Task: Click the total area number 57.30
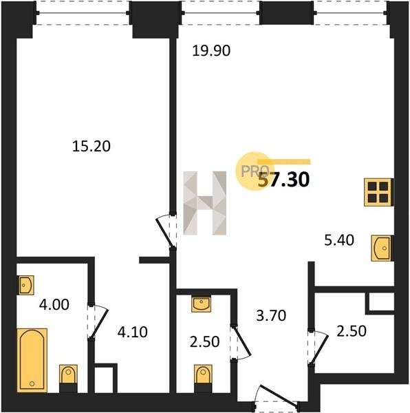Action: tap(283, 180)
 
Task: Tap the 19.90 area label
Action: tap(211, 50)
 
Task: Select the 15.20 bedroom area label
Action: tap(91, 146)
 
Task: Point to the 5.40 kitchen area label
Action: tap(339, 240)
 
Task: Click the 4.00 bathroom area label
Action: tap(54, 304)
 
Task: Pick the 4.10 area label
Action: tap(132, 332)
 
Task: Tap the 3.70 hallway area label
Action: tap(271, 315)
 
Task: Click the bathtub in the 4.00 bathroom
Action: tap(32, 360)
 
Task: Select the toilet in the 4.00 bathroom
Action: tap(68, 378)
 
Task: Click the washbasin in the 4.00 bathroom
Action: tap(25, 285)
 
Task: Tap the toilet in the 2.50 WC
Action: tap(203, 378)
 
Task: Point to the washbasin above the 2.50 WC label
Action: tap(201, 304)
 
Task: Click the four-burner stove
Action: tap(378, 192)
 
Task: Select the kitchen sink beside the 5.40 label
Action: tap(382, 248)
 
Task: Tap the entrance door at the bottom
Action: tap(277, 397)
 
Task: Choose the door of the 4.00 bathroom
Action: tap(98, 322)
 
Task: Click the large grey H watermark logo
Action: tap(205, 203)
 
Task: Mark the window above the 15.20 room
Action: tap(83, 13)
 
